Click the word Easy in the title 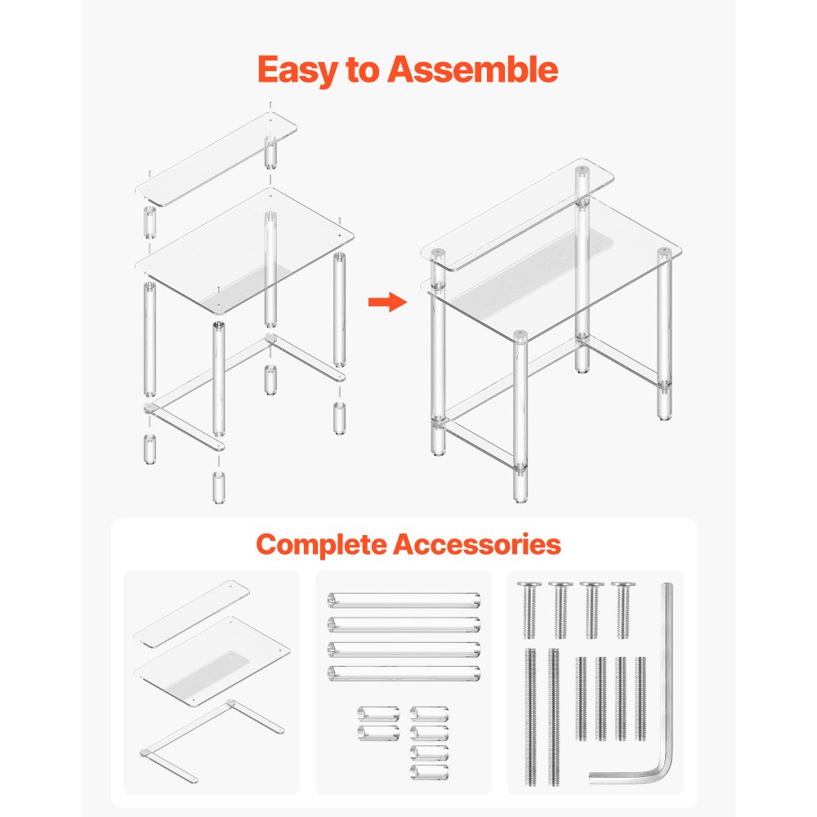click(294, 71)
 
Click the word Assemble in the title click(474, 71)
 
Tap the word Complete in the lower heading click(320, 544)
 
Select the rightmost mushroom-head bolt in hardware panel click(623, 609)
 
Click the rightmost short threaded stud click(641, 699)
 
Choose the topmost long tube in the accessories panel click(404, 600)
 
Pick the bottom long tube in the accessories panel click(404, 674)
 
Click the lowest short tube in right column click(429, 771)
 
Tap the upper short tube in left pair click(378, 714)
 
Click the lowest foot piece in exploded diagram click(219, 487)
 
